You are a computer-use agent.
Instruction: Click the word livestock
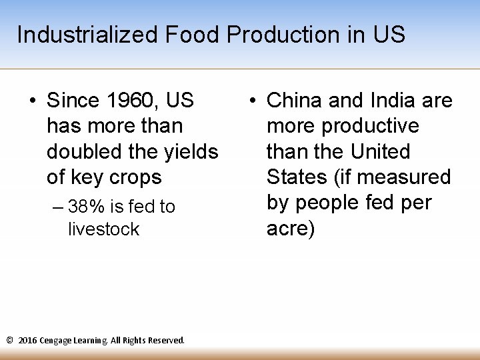point(103,229)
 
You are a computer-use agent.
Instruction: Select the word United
point(379,151)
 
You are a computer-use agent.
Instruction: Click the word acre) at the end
point(291,228)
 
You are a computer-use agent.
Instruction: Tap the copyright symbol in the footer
point(9,340)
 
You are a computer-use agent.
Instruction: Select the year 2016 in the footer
point(28,340)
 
